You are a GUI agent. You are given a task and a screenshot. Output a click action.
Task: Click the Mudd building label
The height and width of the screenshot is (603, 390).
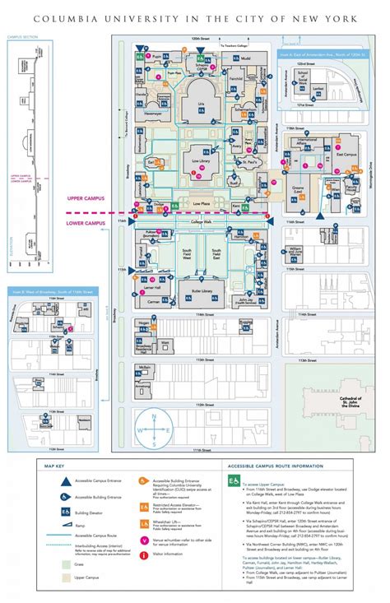tap(245, 58)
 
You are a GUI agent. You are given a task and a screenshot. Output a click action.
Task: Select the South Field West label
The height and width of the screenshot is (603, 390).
tap(188, 253)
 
